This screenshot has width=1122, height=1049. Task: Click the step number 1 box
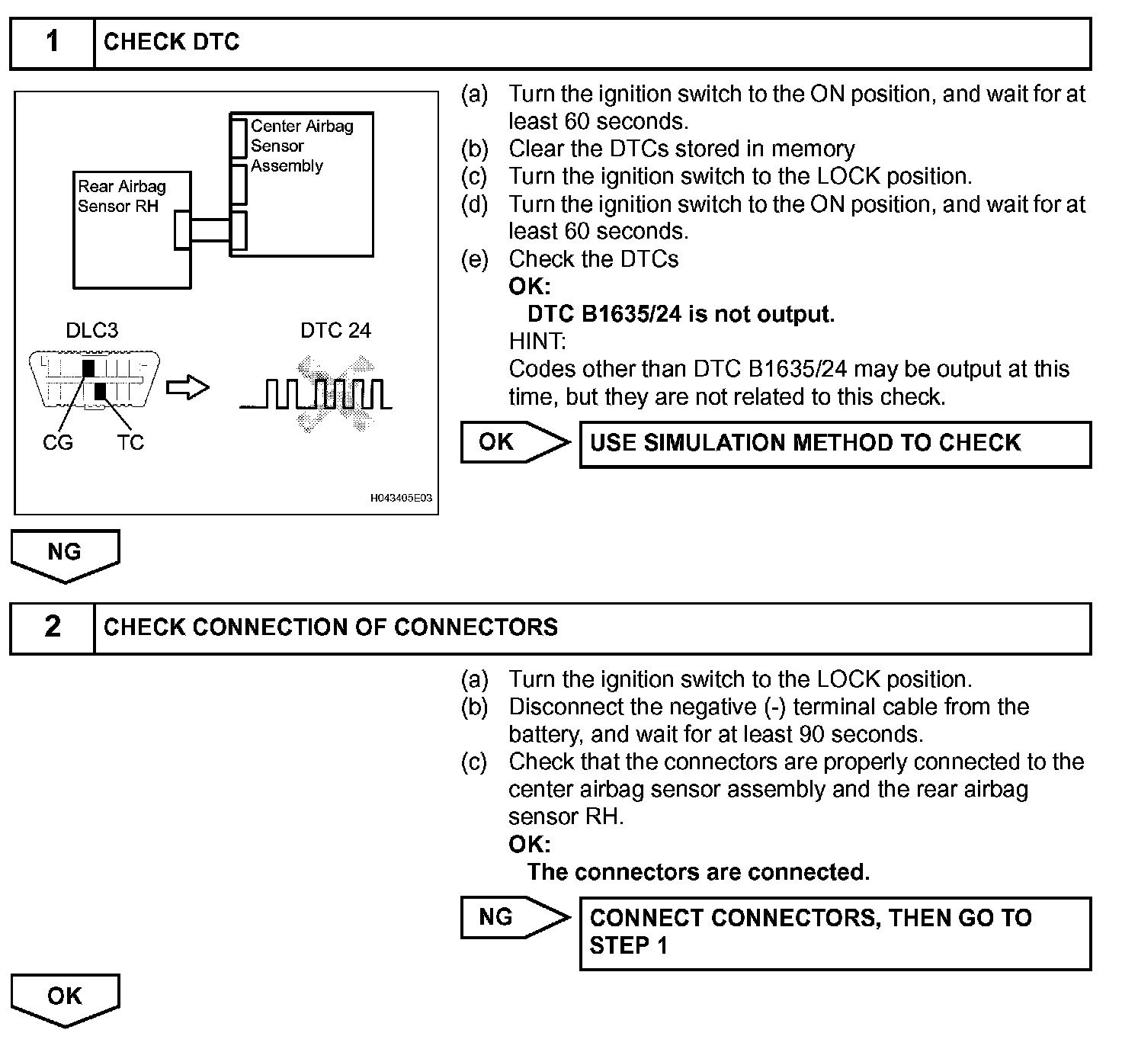point(52,43)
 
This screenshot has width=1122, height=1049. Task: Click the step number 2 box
point(52,627)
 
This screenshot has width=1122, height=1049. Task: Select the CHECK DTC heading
point(172,43)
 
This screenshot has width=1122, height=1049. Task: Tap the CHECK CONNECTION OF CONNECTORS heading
point(331,627)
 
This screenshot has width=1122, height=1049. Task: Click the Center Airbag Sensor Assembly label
point(301,146)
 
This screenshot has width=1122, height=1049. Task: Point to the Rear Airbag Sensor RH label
point(121,196)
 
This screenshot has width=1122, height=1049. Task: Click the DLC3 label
point(91,330)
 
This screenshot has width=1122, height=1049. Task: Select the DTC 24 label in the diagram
point(335,330)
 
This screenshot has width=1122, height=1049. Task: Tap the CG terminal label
point(57,443)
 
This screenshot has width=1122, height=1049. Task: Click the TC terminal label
point(130,443)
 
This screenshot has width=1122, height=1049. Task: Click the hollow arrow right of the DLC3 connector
point(188,388)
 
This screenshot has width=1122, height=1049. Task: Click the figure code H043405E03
point(401,498)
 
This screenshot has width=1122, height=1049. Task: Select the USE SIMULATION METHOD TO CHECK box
point(835,444)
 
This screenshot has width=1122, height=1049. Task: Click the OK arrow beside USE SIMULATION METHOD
point(514,442)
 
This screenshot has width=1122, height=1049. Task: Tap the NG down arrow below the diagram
point(65,555)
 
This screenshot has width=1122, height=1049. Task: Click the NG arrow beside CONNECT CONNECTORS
point(514,917)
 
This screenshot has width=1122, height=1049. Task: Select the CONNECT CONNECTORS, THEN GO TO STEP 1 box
point(835,932)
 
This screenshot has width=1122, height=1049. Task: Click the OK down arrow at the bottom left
point(65,999)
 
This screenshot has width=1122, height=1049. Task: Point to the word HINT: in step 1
point(537,342)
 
